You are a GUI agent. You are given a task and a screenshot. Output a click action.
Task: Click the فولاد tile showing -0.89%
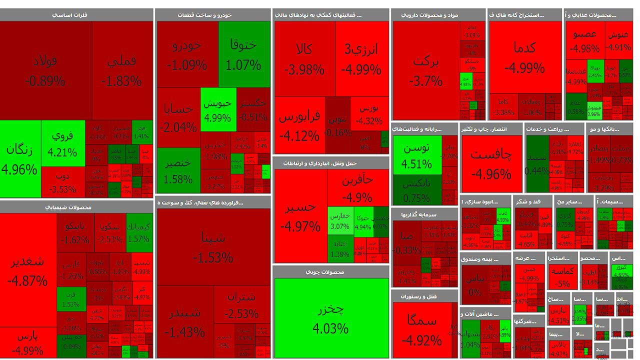pyautogui.click(x=45, y=70)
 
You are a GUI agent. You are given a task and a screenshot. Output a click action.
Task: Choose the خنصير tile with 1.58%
pyautogui.click(x=178, y=170)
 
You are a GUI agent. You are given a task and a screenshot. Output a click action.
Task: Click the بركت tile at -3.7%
pyautogui.click(x=425, y=70)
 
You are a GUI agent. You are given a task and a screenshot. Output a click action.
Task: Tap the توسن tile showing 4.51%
pyautogui.click(x=417, y=155)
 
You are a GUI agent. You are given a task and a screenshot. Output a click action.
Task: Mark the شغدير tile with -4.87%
pyautogui.click(x=28, y=270)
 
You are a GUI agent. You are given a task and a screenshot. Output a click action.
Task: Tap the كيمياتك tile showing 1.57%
pyautogui.click(x=138, y=232)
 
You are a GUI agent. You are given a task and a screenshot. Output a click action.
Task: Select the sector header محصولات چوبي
pyautogui.click(x=330, y=272)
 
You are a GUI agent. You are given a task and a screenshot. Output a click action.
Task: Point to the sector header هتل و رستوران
pyautogui.click(x=425, y=296)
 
